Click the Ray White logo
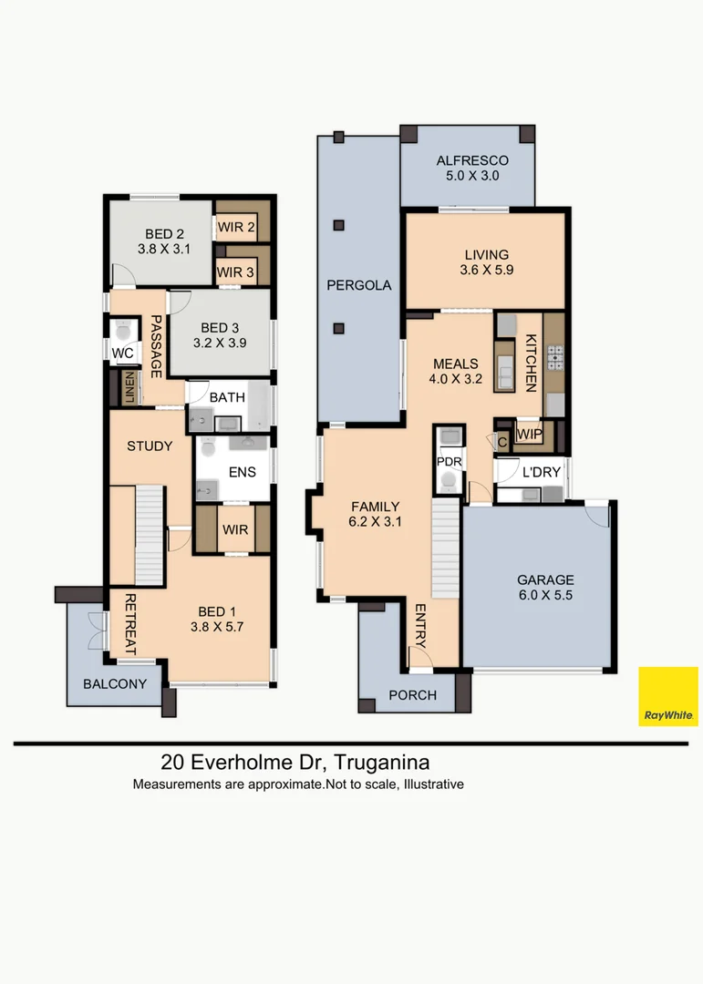click(668, 696)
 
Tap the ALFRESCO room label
click(472, 160)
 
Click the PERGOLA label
click(359, 285)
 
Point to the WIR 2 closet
click(235, 227)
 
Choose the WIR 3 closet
click(235, 272)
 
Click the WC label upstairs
click(122, 353)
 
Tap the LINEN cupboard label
click(130, 387)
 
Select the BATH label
click(226, 398)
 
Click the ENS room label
click(242, 472)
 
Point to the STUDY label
click(150, 446)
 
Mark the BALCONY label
click(114, 683)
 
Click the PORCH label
click(412, 695)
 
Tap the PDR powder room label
click(450, 461)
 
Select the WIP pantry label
click(528, 434)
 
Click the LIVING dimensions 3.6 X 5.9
click(485, 270)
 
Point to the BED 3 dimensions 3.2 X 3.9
click(220, 343)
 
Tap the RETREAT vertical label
click(130, 625)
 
